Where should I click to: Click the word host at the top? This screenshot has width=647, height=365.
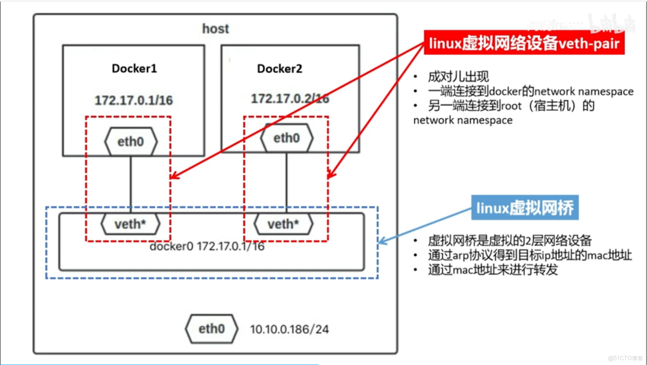click(x=215, y=28)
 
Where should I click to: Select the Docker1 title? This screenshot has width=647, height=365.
click(x=134, y=68)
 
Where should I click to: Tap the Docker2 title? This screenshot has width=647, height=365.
click(x=279, y=69)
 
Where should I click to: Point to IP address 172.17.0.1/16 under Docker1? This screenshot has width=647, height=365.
click(x=134, y=101)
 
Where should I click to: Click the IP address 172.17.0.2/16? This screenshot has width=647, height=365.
click(x=290, y=99)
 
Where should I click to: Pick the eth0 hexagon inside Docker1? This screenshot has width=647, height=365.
click(x=131, y=142)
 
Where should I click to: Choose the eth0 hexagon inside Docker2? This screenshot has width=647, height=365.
click(x=286, y=138)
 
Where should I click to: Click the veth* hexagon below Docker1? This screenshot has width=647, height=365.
click(x=131, y=224)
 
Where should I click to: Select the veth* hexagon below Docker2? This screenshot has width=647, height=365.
click(x=284, y=224)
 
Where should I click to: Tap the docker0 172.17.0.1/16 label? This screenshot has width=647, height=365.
click(x=207, y=246)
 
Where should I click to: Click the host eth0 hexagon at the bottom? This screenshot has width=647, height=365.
click(x=211, y=329)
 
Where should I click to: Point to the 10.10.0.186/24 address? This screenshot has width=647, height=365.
click(x=289, y=329)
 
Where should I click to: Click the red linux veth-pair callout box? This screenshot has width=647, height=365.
click(x=524, y=43)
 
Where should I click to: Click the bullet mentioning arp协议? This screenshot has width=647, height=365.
click(x=530, y=256)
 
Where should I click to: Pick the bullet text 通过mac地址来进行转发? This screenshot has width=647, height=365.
click(x=492, y=270)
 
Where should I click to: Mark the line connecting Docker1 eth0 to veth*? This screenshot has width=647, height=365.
click(x=131, y=183)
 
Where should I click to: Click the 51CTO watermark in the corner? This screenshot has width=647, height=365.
click(x=625, y=358)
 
